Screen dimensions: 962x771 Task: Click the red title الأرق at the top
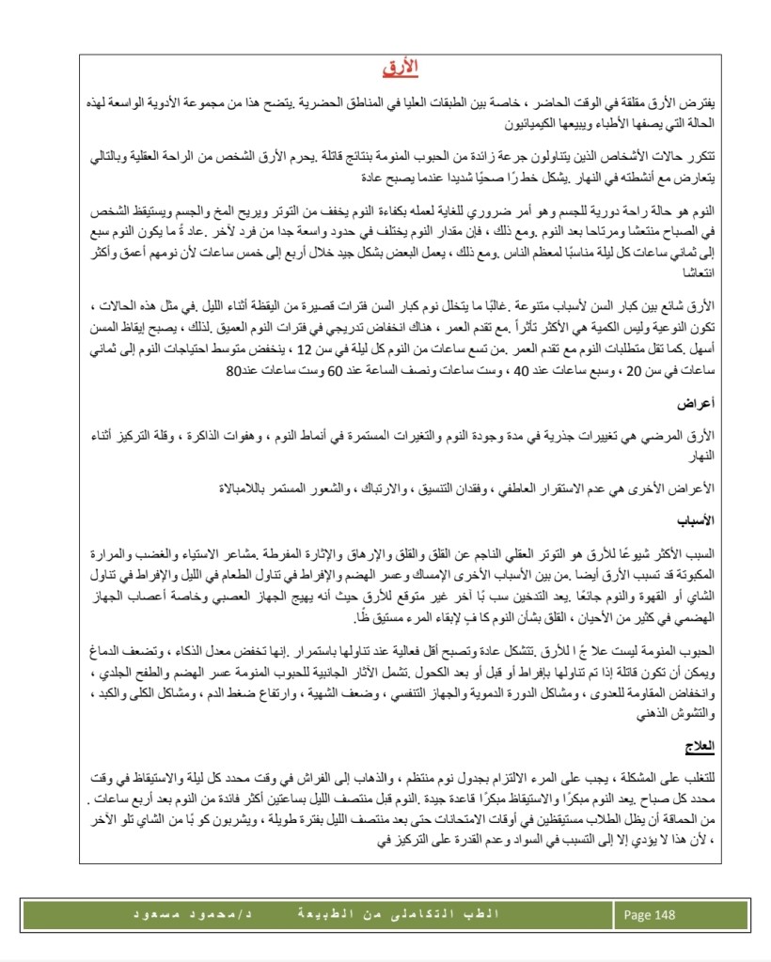tap(401, 68)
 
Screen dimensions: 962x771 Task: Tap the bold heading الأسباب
tap(695, 518)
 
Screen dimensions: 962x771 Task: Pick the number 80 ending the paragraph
tap(234, 370)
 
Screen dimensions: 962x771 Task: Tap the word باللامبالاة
tap(246, 488)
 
